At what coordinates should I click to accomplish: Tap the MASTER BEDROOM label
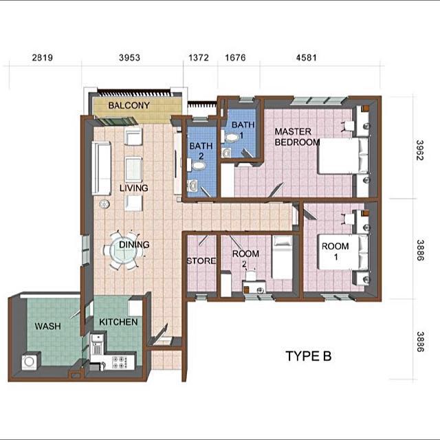coord(297,137)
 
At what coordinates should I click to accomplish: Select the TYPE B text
coord(308,356)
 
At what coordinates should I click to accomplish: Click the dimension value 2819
coord(43,58)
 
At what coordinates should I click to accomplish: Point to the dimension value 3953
coord(129,58)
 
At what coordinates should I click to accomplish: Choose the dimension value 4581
coord(306,58)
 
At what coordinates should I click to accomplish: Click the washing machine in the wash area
coord(30,361)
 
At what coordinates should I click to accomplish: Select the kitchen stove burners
coord(119,361)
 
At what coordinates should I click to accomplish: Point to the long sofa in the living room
coord(102,168)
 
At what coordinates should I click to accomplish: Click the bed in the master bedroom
coord(341,157)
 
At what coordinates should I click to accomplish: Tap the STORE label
coord(201,261)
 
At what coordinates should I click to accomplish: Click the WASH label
coord(47,326)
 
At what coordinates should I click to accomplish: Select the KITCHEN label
coord(118,322)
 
